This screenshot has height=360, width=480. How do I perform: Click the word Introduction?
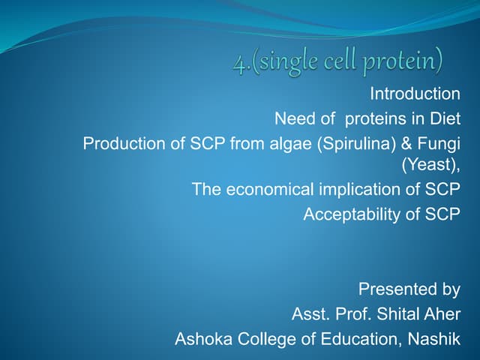coord(415,94)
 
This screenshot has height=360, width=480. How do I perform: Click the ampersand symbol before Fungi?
coord(406,142)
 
